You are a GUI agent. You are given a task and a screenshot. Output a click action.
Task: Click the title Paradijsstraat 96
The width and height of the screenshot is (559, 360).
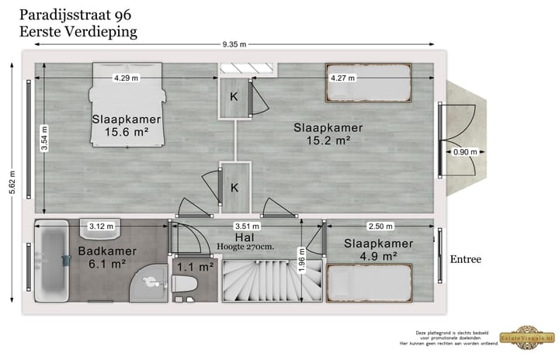75,14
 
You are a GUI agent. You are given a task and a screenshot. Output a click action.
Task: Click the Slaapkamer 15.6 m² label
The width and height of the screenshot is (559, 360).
126,126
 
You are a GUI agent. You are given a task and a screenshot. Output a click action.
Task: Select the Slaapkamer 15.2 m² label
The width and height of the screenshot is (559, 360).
328,133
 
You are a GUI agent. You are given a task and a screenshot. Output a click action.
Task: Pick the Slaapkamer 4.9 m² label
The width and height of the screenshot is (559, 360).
379,249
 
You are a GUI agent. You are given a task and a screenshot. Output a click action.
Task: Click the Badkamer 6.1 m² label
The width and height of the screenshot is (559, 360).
107,258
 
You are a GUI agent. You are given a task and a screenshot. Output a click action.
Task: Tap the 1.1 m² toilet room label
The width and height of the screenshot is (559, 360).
195,267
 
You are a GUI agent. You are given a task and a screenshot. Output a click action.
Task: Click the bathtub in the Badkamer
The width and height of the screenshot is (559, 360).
53,264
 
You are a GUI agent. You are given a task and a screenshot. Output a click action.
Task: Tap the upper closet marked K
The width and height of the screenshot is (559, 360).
234,98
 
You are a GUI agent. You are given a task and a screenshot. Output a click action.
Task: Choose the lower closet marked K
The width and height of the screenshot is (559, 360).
234,187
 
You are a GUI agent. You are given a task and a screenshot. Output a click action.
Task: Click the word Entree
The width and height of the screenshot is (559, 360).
466,259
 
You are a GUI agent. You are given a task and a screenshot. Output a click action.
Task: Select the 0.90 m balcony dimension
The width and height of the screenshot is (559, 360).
464,152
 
